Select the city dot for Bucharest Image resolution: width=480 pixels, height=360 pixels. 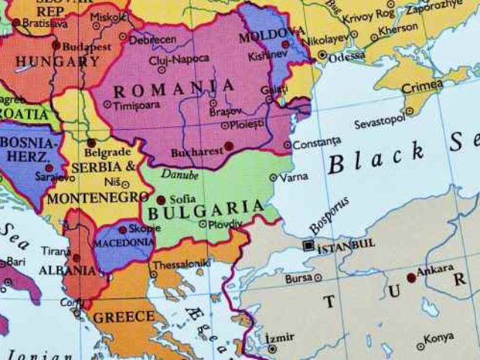(x=229, y=146)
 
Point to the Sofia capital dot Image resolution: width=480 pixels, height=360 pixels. (x=160, y=199)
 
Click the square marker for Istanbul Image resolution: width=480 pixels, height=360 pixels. (x=308, y=245)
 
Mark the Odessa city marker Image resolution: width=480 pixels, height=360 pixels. (x=322, y=55)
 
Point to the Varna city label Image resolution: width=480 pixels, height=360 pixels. (x=293, y=178)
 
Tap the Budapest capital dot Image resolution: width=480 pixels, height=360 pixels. (x=55, y=45)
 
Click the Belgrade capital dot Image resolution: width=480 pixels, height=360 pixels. (x=91, y=142)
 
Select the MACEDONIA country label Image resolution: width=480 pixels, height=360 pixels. (x=122, y=243)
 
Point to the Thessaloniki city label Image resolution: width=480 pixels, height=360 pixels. (x=182, y=265)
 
